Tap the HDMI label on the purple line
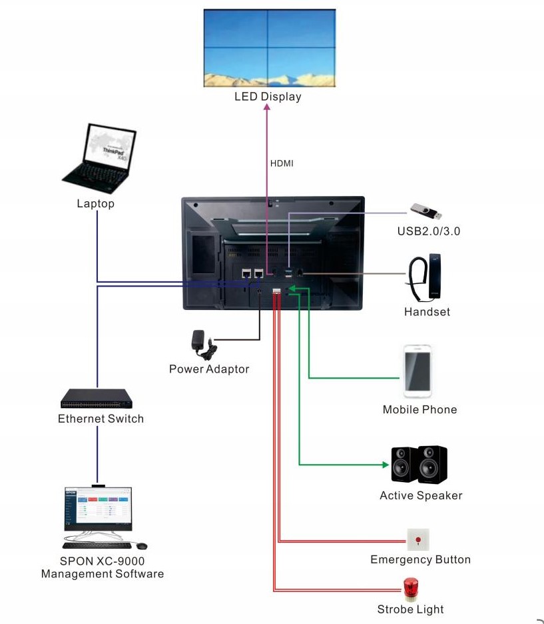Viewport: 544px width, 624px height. [x=282, y=163]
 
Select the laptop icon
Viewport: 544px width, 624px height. [x=101, y=157]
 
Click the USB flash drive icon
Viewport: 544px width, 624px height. [x=426, y=211]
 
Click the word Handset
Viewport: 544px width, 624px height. [x=427, y=311]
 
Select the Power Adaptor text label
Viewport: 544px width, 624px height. [x=209, y=369]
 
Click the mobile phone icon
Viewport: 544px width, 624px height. [x=417, y=371]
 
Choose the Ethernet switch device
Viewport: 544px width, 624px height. [x=97, y=399]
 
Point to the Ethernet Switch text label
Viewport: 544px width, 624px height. [x=101, y=419]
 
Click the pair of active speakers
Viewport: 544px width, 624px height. [x=419, y=465]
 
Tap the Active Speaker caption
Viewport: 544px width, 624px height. [x=421, y=495]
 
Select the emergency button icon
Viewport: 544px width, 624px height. [x=418, y=539]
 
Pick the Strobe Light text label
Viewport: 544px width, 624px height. [x=410, y=609]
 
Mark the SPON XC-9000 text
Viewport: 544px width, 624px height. [x=102, y=561]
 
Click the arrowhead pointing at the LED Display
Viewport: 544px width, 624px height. [x=268, y=109]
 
